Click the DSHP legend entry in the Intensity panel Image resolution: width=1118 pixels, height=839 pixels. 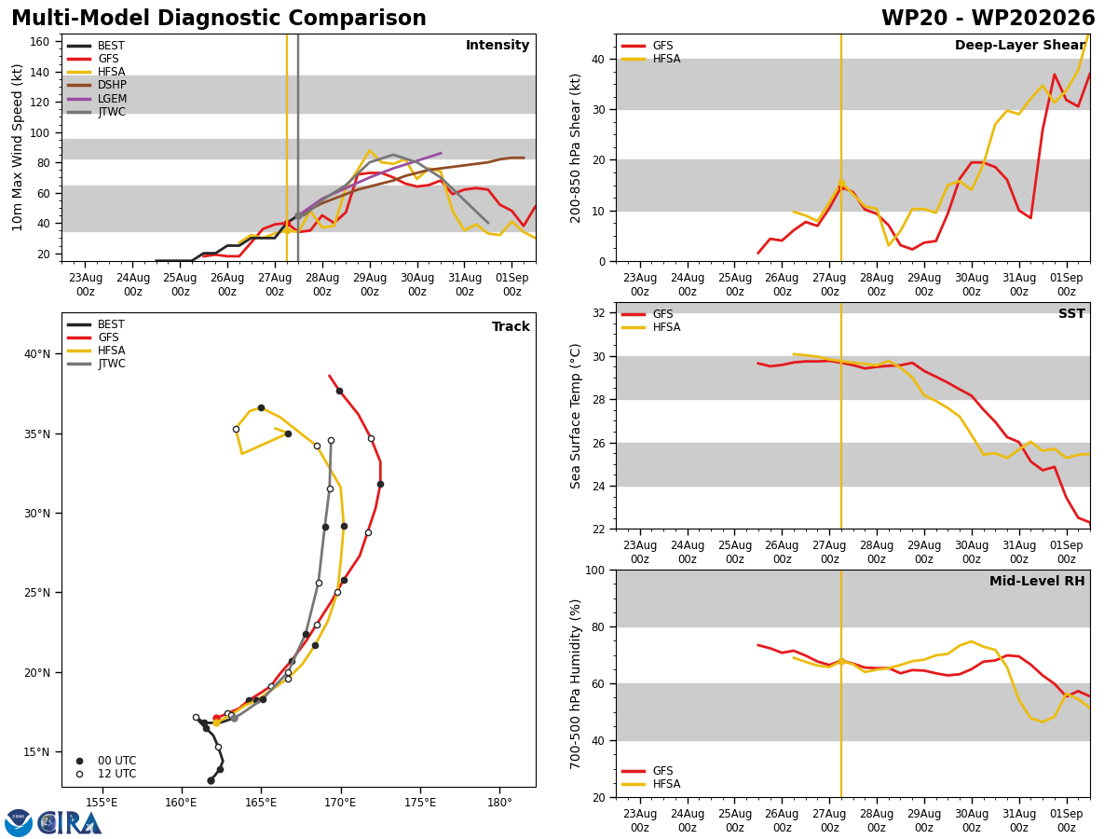pos(96,85)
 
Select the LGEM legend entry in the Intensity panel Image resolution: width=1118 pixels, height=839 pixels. pos(96,98)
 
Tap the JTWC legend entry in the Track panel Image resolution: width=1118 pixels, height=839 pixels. pos(96,364)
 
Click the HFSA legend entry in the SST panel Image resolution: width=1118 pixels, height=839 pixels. pos(650,327)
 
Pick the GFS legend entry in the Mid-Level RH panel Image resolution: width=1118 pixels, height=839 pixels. pos(647,771)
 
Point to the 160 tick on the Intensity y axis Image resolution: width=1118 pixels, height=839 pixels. pos(39,42)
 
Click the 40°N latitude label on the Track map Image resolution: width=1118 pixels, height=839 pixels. pos(37,354)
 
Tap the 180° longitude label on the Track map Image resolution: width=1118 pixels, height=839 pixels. pos(499,803)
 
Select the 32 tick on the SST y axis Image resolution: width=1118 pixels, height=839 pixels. pos(599,313)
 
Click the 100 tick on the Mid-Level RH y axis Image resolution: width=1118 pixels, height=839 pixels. pos(595,571)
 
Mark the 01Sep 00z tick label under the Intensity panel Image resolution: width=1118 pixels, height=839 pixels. pos(511,284)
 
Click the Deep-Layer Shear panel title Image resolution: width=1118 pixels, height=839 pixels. pos(1019,45)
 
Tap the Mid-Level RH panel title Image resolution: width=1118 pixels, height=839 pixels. pos(1037,581)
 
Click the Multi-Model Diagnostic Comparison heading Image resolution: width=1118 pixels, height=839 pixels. pos(219,19)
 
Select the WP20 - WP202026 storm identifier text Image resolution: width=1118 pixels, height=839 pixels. pos(988,19)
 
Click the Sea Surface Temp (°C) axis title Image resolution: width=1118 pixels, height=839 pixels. pos(575,416)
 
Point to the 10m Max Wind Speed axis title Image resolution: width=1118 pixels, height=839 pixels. pos(17,147)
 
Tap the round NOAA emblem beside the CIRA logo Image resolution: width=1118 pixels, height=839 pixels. pos(19,823)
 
